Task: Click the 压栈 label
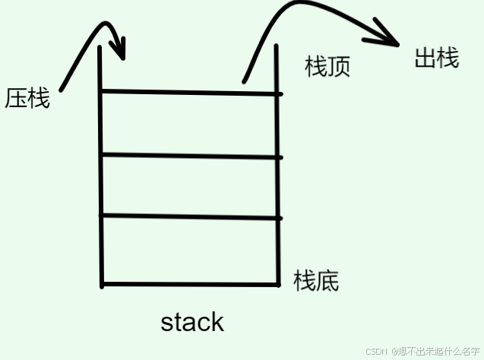point(27,99)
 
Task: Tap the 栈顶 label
point(327,67)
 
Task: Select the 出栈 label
point(437,58)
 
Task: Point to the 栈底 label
point(316,280)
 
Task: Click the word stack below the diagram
point(192,321)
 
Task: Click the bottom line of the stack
point(190,285)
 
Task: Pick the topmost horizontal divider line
point(190,93)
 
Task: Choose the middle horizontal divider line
point(190,156)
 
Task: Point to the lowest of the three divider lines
point(190,217)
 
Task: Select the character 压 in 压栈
point(17,99)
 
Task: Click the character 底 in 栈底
point(327,280)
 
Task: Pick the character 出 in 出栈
point(425,58)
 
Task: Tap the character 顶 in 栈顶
point(339,67)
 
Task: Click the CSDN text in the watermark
point(376,352)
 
